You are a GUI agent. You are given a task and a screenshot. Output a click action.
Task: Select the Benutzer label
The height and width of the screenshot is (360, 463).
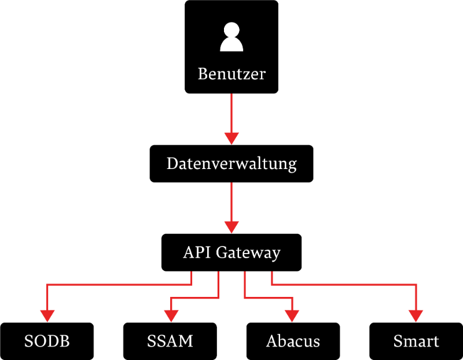tap(231, 74)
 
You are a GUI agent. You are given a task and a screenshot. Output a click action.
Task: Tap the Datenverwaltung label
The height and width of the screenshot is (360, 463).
tap(231, 164)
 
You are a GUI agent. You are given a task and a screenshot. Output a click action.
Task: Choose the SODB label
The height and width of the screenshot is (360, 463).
tap(47, 341)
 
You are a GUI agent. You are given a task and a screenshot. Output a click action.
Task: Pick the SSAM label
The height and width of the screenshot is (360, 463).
tap(170, 341)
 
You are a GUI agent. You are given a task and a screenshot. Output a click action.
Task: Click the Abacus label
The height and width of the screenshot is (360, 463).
tap(293, 341)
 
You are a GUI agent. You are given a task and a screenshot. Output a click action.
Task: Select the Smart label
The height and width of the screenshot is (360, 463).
tap(416, 341)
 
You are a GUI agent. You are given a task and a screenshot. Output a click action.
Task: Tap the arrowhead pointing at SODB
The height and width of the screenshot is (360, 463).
tap(47, 315)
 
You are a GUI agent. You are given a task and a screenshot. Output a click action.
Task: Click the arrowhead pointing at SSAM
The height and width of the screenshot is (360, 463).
tap(171, 315)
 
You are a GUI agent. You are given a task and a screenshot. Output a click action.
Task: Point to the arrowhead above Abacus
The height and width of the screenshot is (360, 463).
tap(292, 315)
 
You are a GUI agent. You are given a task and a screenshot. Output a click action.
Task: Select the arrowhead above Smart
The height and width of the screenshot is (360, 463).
tap(416, 315)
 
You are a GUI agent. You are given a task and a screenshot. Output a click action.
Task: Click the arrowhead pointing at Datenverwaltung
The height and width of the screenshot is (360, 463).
tap(231, 138)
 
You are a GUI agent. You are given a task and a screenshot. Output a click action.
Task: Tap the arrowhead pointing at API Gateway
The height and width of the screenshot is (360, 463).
tap(231, 227)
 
